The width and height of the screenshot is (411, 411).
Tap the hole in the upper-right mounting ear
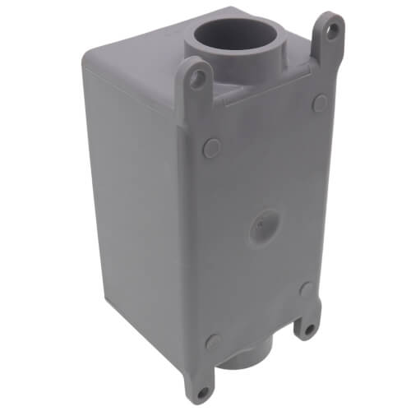point(331,31)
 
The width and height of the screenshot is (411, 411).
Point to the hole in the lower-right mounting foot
point(308,329)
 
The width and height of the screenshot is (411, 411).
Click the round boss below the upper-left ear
point(212,148)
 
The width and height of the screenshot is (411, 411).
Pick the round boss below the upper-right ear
point(321,104)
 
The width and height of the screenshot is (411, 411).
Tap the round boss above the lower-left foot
point(214,341)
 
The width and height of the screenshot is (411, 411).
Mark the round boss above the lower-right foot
point(306,289)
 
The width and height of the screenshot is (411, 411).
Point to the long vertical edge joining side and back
point(185,247)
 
